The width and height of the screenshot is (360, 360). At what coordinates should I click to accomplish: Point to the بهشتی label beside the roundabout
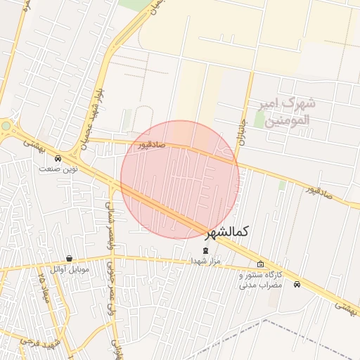point(33,143)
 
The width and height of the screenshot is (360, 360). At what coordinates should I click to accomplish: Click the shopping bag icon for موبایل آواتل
point(69,258)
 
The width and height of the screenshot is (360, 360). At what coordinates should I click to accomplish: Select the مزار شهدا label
point(205,260)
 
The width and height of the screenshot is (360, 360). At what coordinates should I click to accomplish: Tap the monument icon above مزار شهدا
point(205,250)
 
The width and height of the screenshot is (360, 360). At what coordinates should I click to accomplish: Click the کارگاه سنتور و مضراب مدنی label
point(260,280)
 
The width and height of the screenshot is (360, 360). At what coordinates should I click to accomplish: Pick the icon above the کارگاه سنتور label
point(261,264)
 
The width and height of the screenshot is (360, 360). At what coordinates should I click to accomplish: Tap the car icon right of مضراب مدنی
point(297,285)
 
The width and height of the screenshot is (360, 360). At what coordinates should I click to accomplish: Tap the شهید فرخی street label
point(28,342)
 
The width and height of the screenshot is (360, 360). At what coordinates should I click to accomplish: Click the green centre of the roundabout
point(6,126)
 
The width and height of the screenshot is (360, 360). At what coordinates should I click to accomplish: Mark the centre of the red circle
point(180,179)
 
